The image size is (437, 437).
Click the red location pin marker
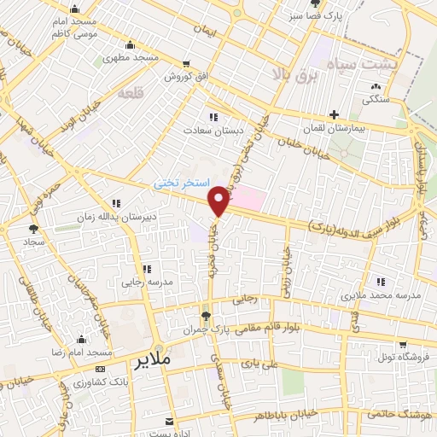219,201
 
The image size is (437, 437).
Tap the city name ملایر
154,360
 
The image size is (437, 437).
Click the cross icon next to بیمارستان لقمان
335,114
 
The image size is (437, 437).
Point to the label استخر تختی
176,183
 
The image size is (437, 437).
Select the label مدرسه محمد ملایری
381,295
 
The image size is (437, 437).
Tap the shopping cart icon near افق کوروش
187,63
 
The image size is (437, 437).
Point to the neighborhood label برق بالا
294,73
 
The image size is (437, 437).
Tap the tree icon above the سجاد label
33,228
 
